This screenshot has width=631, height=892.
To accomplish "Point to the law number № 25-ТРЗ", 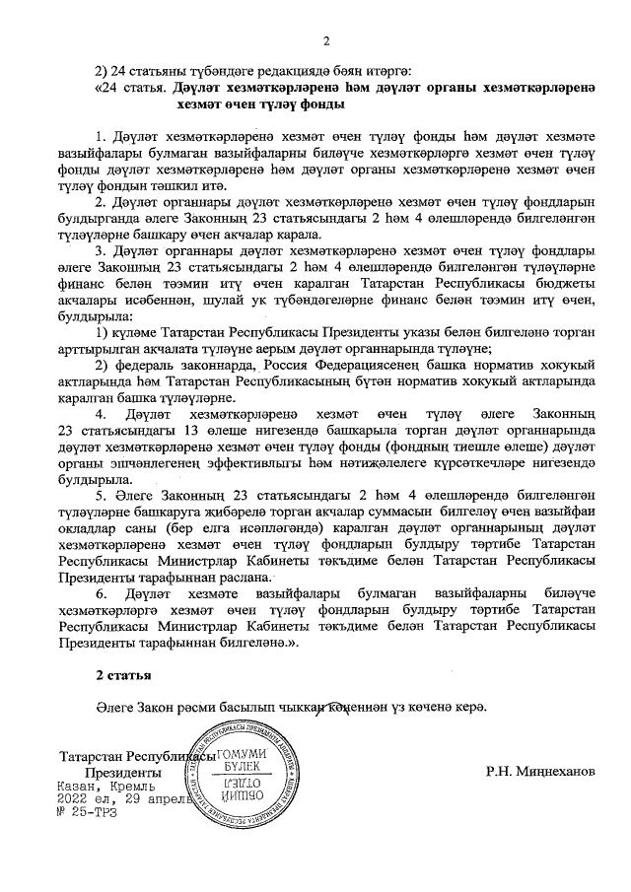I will coord(89,813).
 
